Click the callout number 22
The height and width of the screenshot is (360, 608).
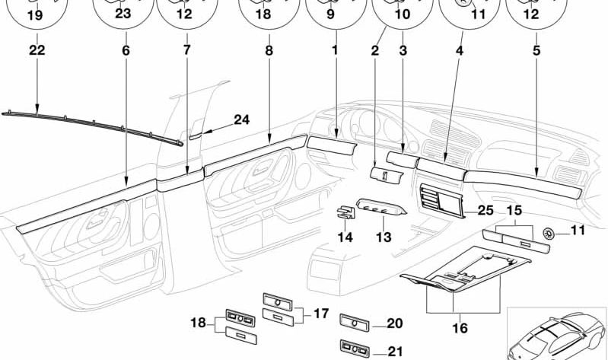pyautogui.click(x=37, y=51)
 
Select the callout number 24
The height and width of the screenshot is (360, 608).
pyautogui.click(x=241, y=119)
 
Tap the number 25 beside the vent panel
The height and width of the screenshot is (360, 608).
pyautogui.click(x=485, y=209)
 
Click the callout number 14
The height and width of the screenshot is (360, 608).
pyautogui.click(x=345, y=237)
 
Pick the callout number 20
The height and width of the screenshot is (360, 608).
pyautogui.click(x=394, y=323)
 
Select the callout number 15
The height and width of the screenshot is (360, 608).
pyautogui.click(x=514, y=209)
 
